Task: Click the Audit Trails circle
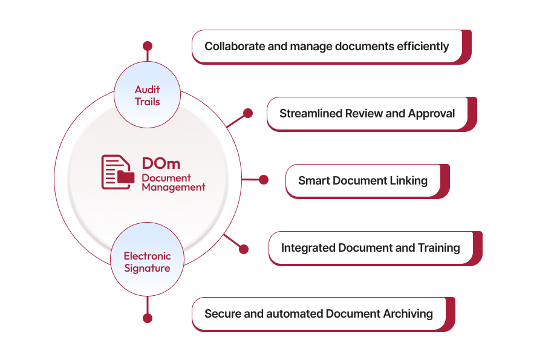[148, 95]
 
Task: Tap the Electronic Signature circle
[148, 261]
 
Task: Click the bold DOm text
[161, 163]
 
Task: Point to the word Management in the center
[173, 188]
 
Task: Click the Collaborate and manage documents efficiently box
[327, 46]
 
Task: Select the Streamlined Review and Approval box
[367, 113]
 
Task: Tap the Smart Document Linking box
[363, 180]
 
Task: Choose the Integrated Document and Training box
[370, 247]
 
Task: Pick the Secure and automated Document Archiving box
[319, 313]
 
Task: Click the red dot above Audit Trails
[148, 46]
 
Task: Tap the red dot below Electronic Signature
[148, 318]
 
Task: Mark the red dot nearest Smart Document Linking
[263, 180]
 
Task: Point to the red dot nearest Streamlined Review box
[247, 113]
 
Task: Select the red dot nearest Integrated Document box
[244, 249]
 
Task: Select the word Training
[438, 247]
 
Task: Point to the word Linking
[408, 180]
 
